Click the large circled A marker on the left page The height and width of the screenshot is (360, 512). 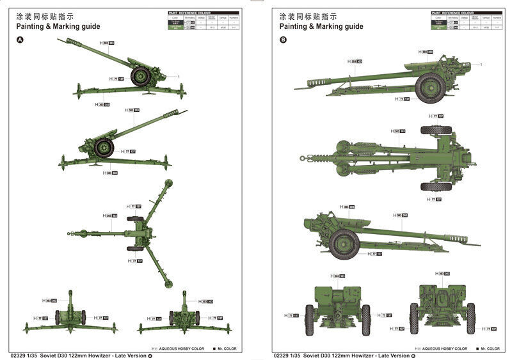19,40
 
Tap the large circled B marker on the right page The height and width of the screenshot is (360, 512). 284,40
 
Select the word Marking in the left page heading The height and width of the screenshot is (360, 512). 69,26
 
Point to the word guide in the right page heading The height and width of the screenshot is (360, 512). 353,26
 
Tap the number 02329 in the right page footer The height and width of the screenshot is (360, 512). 281,356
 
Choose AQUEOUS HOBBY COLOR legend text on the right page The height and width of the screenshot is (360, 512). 442,348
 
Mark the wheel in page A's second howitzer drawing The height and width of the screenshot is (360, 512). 104,148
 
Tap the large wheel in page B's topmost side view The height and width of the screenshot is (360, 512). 430,88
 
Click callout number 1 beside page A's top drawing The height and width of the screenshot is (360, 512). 179,77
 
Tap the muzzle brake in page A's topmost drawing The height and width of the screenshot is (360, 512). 68,42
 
